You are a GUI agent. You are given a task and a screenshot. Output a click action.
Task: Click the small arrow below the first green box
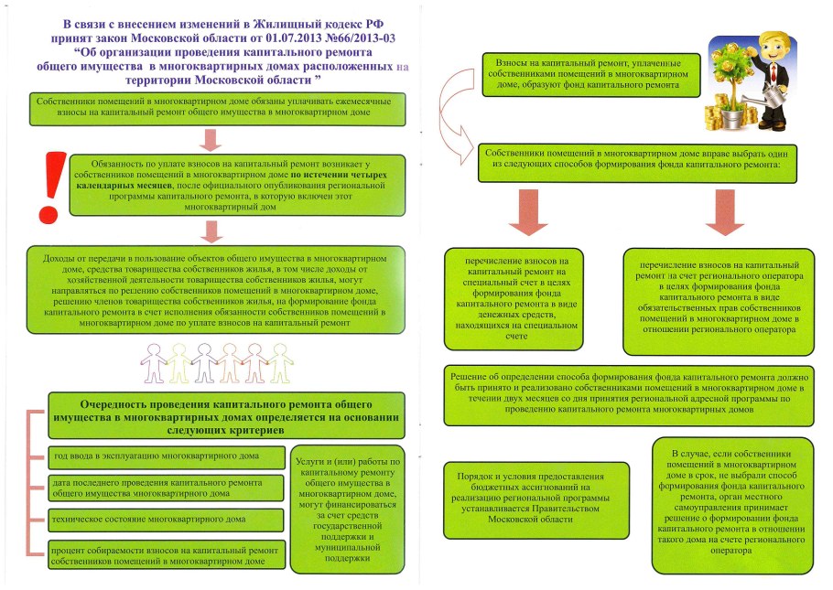click(x=211, y=140)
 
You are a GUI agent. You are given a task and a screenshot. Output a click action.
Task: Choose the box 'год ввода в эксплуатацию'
click(x=166, y=456)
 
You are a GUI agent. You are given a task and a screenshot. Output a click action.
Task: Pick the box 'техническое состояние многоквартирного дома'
click(x=166, y=520)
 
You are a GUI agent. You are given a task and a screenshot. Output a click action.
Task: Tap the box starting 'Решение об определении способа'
click(x=628, y=393)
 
